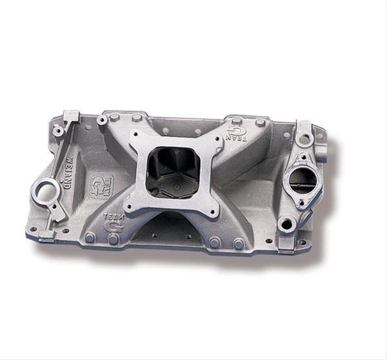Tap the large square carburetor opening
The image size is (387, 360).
174,170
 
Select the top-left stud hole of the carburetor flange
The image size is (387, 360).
137,135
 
